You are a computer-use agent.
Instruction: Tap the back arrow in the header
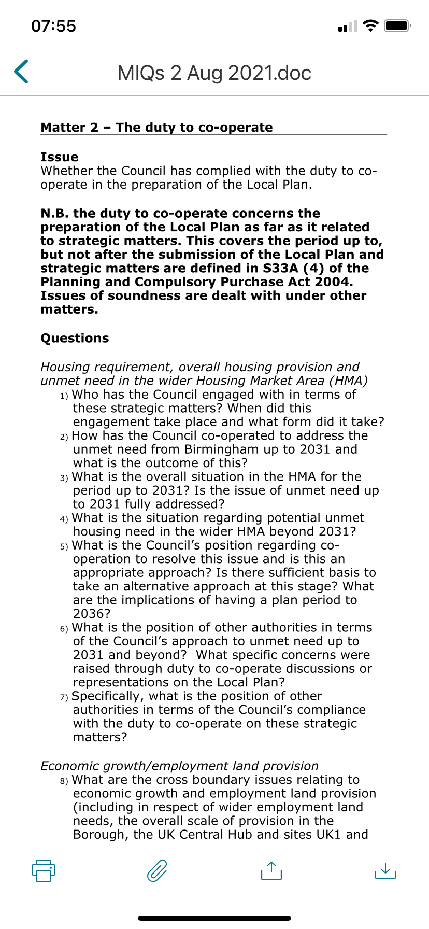tap(21, 72)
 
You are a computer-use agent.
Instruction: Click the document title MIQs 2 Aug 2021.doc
tap(214, 73)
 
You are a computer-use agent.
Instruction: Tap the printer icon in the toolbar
tap(44, 870)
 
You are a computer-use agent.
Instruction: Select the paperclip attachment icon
tap(157, 870)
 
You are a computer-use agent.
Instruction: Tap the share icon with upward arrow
tap(271, 870)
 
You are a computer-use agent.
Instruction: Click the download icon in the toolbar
tap(384, 870)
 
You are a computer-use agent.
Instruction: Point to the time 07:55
tap(53, 26)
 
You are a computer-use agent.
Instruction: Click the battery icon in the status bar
tap(397, 25)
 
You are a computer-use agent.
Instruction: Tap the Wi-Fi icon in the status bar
tap(370, 25)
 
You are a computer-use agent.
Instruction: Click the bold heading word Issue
tap(60, 157)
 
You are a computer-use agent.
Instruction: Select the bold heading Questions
tap(75, 338)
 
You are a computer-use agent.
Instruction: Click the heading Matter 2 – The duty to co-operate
tap(156, 128)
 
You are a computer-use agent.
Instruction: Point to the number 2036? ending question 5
tap(92, 614)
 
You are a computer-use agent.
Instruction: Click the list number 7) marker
tap(64, 697)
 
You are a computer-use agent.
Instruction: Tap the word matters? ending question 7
tap(100, 737)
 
